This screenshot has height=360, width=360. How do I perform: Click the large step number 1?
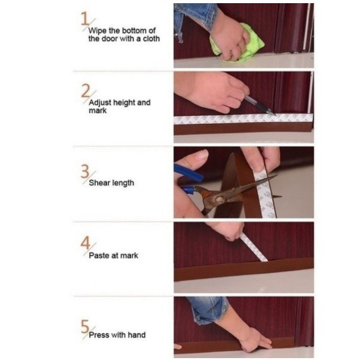point(85,18)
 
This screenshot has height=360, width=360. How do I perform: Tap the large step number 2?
point(86,91)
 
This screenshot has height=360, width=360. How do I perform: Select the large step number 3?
point(85,171)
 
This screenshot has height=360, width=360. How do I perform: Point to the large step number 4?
point(85,243)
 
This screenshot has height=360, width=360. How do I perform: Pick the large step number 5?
point(85,327)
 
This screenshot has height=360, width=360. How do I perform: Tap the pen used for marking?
point(260,105)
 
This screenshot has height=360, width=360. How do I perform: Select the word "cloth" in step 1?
point(152,39)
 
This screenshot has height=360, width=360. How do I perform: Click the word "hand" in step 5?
point(137,335)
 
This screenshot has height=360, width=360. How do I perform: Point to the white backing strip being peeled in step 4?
point(254,248)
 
